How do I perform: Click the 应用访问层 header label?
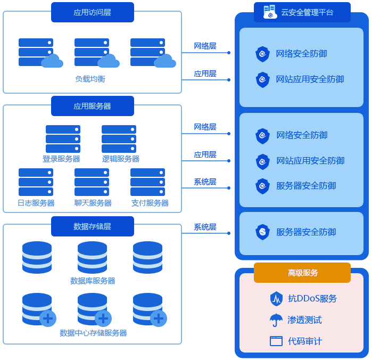click(x=92, y=12)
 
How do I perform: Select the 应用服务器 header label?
click(x=92, y=106)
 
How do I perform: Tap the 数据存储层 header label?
click(x=92, y=226)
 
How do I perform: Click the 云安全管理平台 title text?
click(x=307, y=12)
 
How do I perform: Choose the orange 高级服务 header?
click(x=302, y=273)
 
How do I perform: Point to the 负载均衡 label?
click(x=90, y=79)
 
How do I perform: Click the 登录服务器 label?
click(x=62, y=159)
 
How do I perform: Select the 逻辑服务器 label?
click(x=120, y=159)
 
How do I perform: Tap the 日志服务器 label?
click(x=36, y=203)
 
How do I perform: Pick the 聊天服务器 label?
click(x=93, y=203)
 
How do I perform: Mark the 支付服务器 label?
click(x=150, y=203)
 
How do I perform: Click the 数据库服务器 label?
click(x=93, y=281)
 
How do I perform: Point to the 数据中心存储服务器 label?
click(x=93, y=333)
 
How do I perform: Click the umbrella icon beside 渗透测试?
click(x=276, y=320)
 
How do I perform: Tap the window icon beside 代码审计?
click(x=276, y=341)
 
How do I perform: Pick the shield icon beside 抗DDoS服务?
click(x=276, y=299)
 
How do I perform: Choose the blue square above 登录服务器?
click(x=63, y=139)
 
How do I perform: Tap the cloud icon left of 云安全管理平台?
click(x=270, y=12)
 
